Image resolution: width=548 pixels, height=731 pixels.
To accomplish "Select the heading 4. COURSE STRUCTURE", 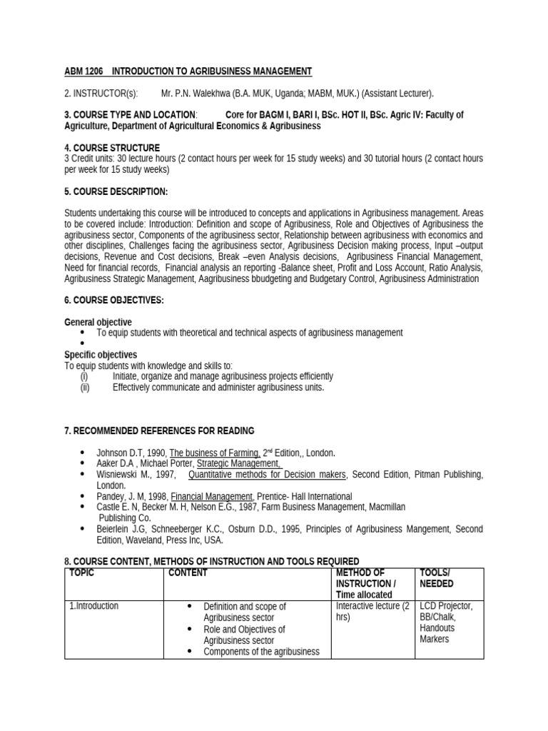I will coord(112,148).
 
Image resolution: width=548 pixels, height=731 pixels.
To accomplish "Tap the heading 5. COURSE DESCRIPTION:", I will coord(116,192).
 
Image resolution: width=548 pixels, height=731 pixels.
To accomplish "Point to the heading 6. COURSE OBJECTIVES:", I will coord(114,301).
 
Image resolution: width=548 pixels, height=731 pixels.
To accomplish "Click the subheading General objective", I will coord(98,323).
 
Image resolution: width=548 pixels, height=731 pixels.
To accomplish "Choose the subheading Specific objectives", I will coord(101,355).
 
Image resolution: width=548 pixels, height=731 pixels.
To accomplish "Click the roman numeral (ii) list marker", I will coord(84,388).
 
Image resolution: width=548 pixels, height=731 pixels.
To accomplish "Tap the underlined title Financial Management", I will coord(212,496).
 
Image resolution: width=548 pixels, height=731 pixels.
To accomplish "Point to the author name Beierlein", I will coord(113,529).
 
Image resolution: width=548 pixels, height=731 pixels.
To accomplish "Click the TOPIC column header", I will coord(83,573).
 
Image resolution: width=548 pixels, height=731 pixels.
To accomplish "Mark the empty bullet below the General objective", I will coord(83,344).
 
